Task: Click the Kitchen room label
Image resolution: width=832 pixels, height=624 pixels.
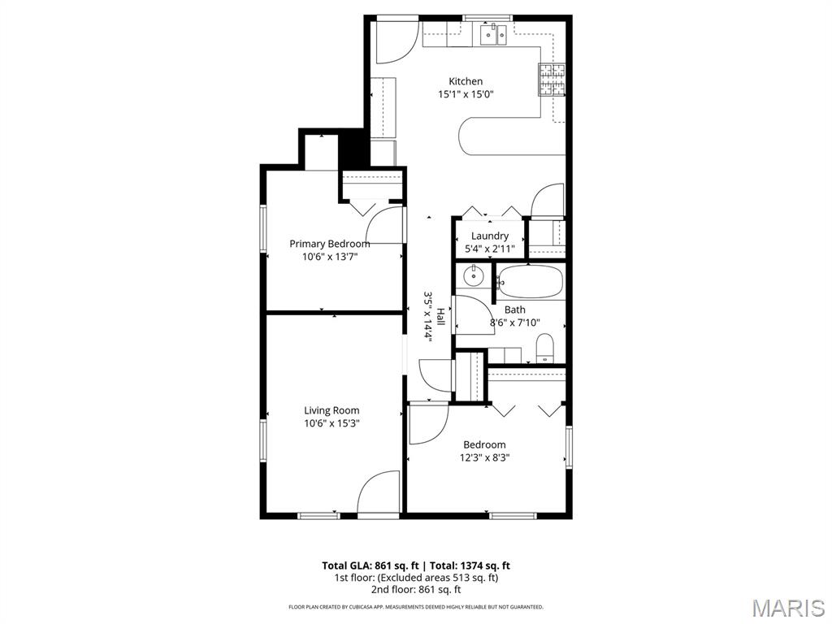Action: (466, 81)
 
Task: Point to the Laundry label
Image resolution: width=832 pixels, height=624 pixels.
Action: (489, 236)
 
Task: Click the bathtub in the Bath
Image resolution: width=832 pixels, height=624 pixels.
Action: (530, 281)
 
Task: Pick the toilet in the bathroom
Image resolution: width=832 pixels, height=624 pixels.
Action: (545, 348)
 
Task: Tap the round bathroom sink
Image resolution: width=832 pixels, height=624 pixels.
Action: (472, 277)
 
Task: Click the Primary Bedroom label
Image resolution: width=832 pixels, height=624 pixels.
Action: (329, 244)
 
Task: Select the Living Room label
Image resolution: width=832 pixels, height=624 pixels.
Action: (331, 410)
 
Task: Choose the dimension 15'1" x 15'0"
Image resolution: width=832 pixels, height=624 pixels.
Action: (466, 94)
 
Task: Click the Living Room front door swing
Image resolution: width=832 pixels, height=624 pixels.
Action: (379, 493)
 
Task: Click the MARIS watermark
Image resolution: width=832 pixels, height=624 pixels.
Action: (787, 607)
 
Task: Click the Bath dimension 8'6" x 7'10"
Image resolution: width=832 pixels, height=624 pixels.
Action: (514, 323)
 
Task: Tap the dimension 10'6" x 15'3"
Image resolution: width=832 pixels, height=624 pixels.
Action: (331, 423)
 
